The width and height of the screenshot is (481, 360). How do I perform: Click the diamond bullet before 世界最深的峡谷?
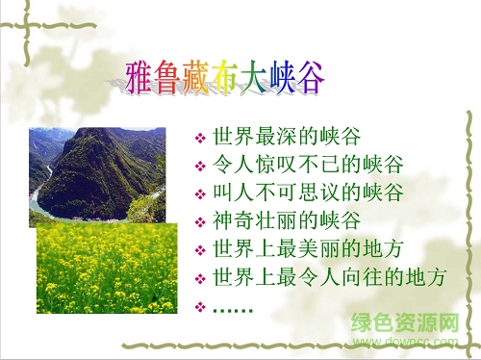point(200,135)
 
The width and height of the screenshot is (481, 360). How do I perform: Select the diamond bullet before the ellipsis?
point(200,308)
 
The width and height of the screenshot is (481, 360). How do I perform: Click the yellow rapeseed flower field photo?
point(106,270)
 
